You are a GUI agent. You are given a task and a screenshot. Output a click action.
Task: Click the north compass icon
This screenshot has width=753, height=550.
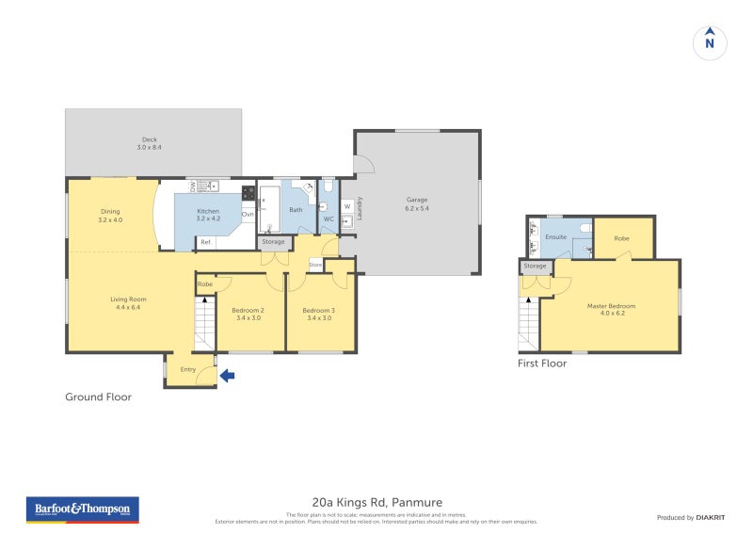[710, 41]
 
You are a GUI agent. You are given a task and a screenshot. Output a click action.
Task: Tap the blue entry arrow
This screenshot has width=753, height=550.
[227, 376]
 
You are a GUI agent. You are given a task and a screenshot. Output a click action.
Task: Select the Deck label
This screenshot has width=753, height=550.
[150, 143]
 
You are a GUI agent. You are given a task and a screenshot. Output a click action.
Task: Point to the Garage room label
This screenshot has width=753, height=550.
[417, 203]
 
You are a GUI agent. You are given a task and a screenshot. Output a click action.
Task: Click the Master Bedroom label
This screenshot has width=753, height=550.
[611, 309]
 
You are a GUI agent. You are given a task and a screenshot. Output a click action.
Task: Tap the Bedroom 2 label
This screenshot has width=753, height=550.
[248, 314]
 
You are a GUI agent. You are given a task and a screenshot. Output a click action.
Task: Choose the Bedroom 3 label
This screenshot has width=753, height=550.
[317, 314]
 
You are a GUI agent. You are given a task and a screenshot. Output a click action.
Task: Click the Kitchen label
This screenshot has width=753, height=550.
[207, 215]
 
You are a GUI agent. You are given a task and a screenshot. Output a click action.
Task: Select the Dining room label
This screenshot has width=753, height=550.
[110, 215]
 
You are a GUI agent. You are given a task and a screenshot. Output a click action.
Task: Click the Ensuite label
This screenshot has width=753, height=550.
[556, 236]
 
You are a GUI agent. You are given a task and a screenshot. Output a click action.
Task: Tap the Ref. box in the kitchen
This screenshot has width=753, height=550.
[206, 242]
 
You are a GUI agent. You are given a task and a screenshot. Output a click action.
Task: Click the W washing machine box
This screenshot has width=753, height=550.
[346, 206]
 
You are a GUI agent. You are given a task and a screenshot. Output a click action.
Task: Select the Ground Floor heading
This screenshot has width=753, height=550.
[98, 397]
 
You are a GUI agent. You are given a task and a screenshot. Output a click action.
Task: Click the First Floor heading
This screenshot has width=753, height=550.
[542, 364]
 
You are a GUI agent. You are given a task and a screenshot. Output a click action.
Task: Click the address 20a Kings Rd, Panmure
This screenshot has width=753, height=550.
[376, 502]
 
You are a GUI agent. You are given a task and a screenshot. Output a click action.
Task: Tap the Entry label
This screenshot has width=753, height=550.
[187, 369]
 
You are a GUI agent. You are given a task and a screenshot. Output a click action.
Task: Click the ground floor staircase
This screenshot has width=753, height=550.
[204, 325]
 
